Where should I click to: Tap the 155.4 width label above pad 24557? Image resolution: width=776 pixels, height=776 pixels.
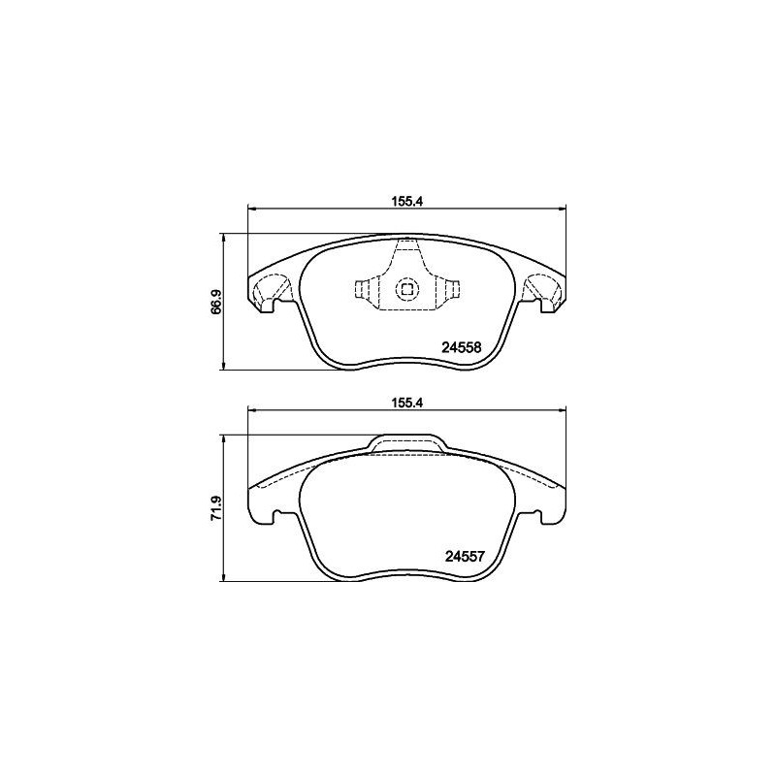[x=405, y=398]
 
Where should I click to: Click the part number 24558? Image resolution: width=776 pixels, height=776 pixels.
[x=463, y=346]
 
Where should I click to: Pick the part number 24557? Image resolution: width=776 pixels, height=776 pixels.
[x=464, y=557]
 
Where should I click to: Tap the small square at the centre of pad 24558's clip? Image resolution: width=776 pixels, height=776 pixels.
[x=406, y=288]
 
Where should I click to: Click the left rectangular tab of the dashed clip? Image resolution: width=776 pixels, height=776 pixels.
[x=364, y=288]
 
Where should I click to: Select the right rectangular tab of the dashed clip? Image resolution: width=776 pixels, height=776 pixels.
[x=449, y=288]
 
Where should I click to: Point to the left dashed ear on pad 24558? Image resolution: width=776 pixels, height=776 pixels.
[x=269, y=289]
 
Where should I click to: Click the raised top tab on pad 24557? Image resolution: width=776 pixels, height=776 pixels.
[x=406, y=443]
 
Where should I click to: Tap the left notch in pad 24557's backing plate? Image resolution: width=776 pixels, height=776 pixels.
[x=277, y=513]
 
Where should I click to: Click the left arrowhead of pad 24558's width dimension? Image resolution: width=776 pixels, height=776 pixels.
[x=253, y=206]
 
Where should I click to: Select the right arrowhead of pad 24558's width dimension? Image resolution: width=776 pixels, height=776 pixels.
[x=560, y=206]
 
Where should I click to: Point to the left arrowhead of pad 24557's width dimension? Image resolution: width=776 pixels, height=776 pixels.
[x=253, y=408]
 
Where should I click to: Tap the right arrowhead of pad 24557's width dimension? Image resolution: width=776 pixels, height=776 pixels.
[x=560, y=408]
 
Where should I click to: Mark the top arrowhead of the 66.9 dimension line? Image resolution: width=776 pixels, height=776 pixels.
[x=225, y=237]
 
